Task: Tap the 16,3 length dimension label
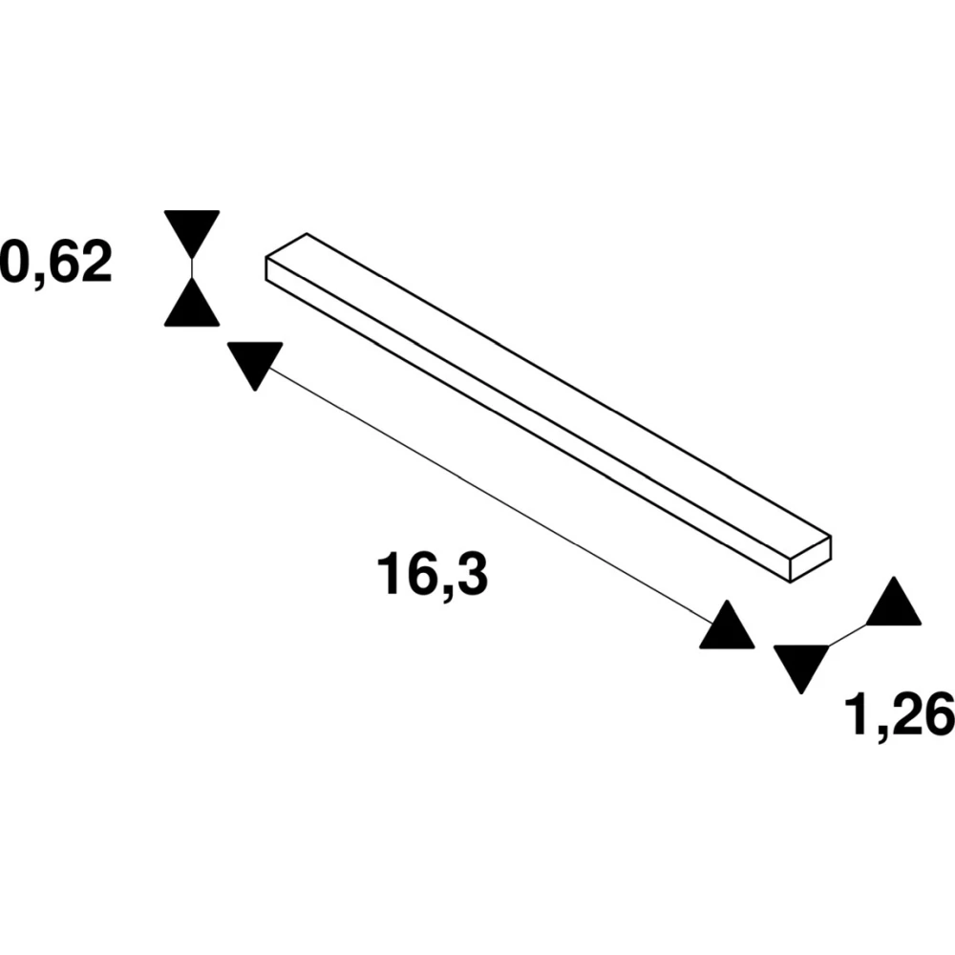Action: tap(433, 575)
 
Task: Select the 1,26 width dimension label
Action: tap(900, 713)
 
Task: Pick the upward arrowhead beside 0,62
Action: tap(192, 302)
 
